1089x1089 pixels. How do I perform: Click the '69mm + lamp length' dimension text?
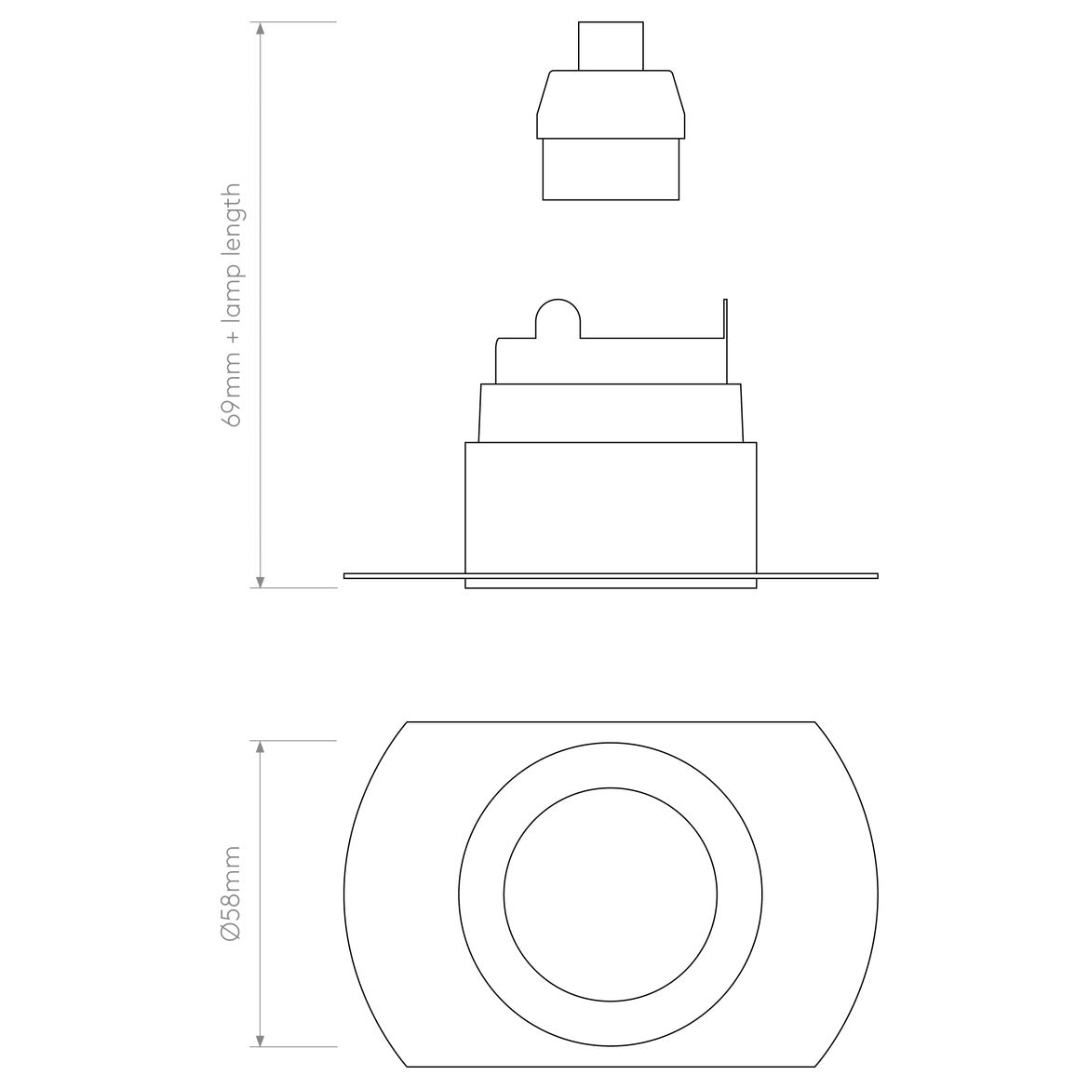pos(232,304)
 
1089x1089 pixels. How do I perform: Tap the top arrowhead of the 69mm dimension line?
pos(261,29)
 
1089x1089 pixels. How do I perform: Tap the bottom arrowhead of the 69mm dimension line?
pos(261,581)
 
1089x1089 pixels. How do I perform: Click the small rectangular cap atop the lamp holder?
pos(611,46)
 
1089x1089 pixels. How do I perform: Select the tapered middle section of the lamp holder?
pos(611,104)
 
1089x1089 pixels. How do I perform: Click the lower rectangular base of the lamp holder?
pos(611,169)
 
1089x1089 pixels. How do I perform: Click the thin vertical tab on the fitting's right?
pos(725,340)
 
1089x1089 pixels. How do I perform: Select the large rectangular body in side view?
pos(611,507)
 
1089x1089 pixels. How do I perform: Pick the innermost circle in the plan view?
pos(611,894)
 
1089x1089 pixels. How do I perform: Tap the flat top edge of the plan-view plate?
pos(611,721)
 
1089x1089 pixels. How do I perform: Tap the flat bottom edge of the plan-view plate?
pos(611,1067)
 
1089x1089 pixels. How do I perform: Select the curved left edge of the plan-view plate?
pos(345,894)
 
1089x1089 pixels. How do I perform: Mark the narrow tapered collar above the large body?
pos(611,412)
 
